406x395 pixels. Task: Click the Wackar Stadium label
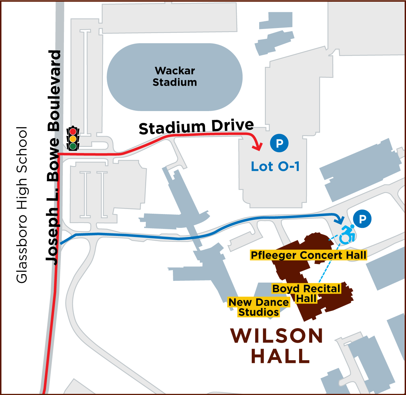click(x=175, y=76)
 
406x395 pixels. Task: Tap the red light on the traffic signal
click(x=73, y=132)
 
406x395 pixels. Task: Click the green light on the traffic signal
click(x=73, y=146)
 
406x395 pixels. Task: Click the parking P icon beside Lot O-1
click(x=279, y=143)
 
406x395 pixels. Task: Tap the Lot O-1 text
click(x=275, y=166)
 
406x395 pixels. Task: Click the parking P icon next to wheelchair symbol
click(x=362, y=219)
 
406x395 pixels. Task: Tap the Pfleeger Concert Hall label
click(x=308, y=255)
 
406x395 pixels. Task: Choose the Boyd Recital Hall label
click(x=306, y=293)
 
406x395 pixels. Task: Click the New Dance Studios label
click(x=259, y=307)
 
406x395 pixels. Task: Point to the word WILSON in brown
click(x=277, y=336)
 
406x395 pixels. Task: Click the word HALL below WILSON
click(x=280, y=356)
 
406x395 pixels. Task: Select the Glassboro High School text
click(x=22, y=205)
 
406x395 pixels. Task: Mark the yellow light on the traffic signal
click(x=73, y=139)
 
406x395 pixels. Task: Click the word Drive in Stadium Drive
click(x=233, y=125)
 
